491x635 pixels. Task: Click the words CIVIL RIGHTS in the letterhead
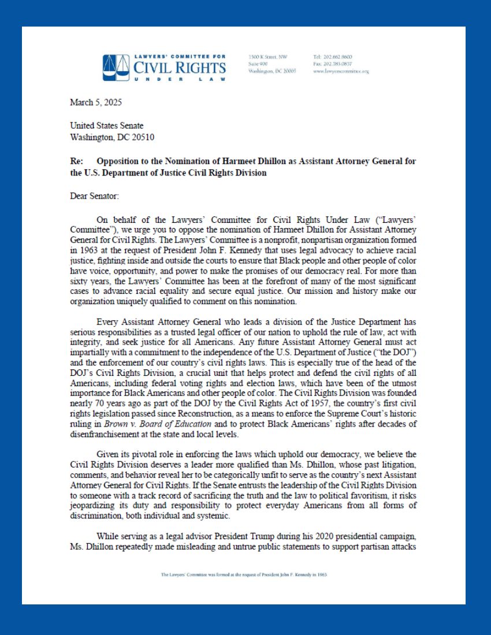pos(180,68)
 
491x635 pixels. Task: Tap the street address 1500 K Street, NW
pos(267,57)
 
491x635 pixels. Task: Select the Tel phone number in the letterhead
pos(332,57)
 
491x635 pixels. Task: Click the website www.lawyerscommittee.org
pos(340,71)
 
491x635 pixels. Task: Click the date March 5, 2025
pos(96,102)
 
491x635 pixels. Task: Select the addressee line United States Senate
pos(107,125)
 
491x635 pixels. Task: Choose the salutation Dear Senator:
pos(94,196)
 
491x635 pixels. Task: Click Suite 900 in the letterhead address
pos(258,64)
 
